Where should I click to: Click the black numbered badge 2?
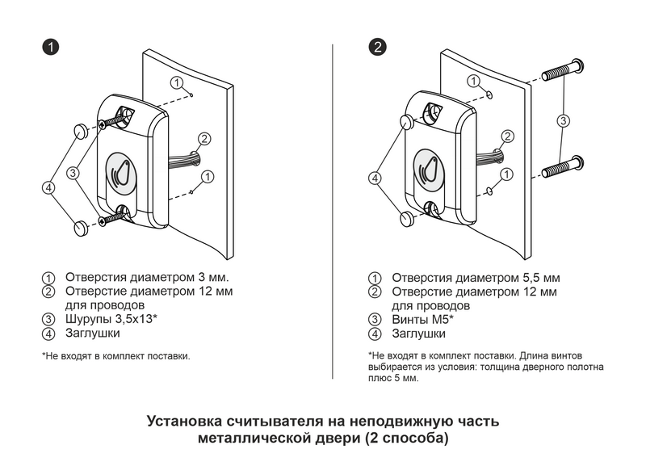coord(377,47)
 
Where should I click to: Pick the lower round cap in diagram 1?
coord(79,229)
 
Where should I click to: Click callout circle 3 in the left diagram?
coord(73,172)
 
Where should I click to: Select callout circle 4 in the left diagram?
coord(48,187)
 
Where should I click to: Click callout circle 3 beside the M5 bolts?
coord(564,120)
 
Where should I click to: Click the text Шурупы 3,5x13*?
coord(111,319)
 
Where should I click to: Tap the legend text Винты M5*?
coord(423,319)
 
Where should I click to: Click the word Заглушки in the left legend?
coord(93,332)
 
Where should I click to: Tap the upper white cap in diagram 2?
coord(407,122)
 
